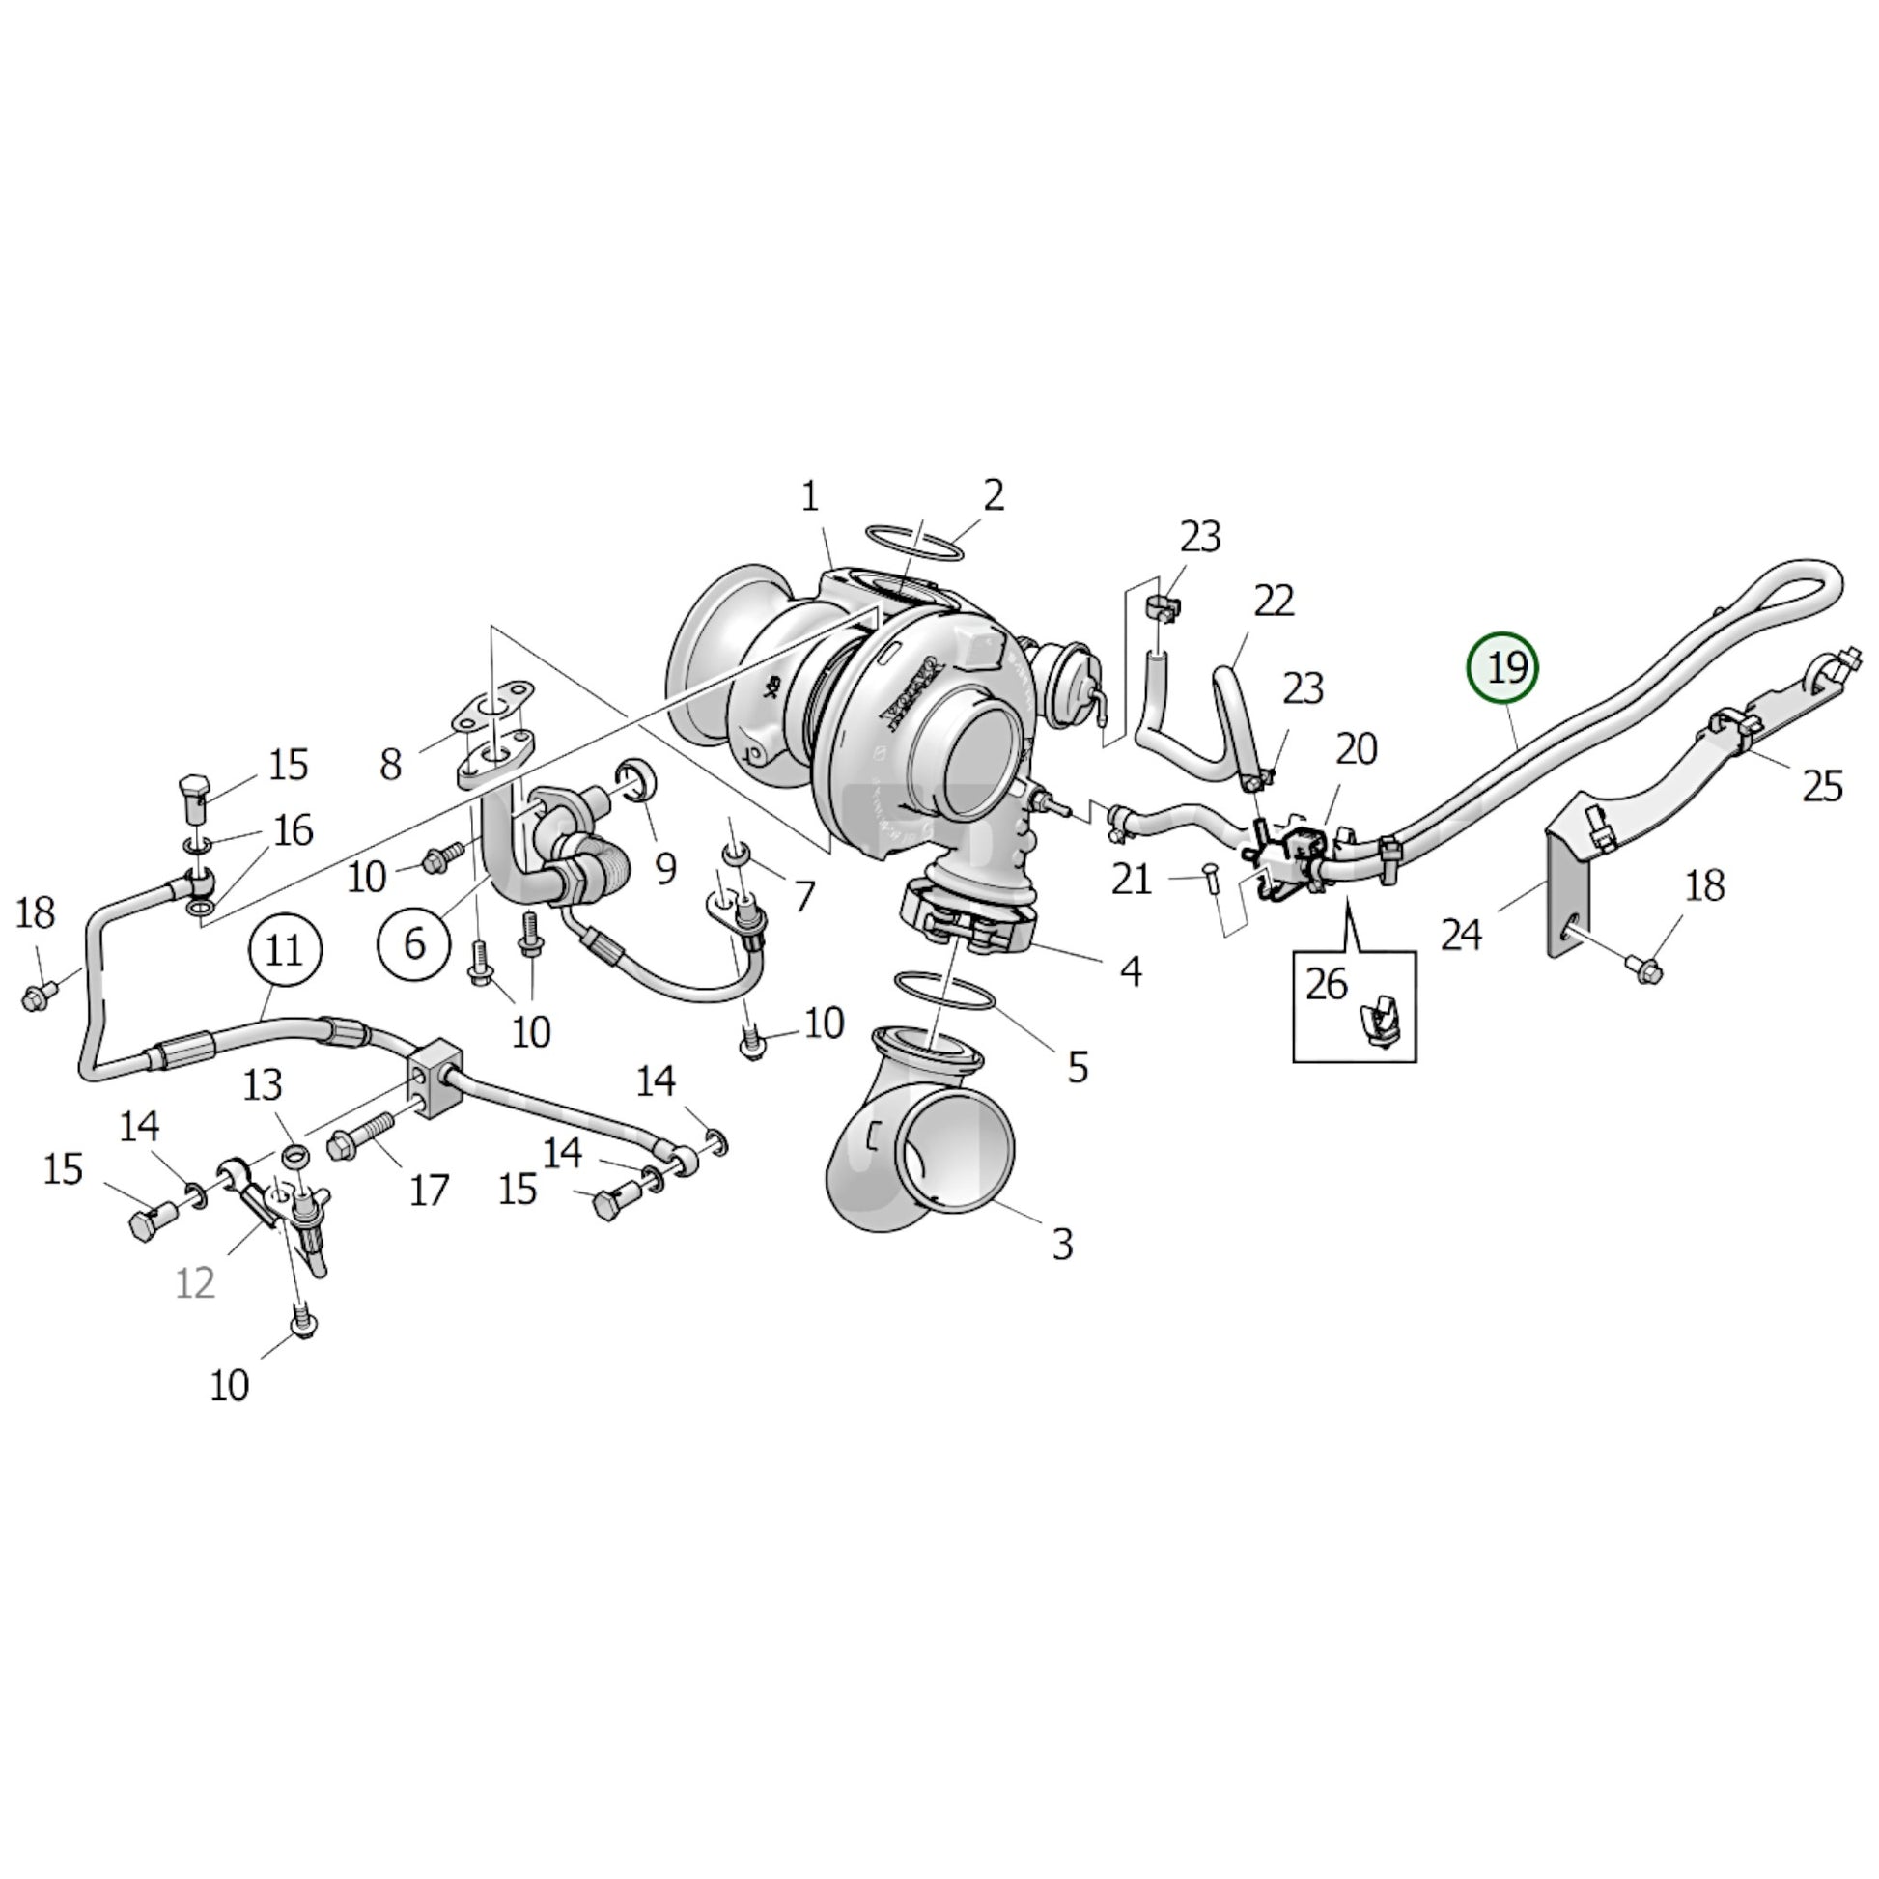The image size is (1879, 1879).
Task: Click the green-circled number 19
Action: (1503, 668)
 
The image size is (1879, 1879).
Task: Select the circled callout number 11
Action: (284, 949)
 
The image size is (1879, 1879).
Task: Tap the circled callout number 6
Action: (414, 942)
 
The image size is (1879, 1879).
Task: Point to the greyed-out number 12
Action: (194, 1283)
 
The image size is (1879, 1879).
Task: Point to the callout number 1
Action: (809, 498)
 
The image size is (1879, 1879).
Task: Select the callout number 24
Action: (1461, 935)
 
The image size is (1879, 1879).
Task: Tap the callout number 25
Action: (1822, 786)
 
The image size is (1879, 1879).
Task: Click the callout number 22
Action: (1273, 602)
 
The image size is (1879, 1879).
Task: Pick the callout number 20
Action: (1357, 749)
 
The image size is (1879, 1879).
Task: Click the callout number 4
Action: (1130, 970)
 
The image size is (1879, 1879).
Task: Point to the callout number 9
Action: (665, 868)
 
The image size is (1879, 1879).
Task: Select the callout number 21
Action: (1132, 881)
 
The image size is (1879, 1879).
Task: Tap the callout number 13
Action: (263, 1084)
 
